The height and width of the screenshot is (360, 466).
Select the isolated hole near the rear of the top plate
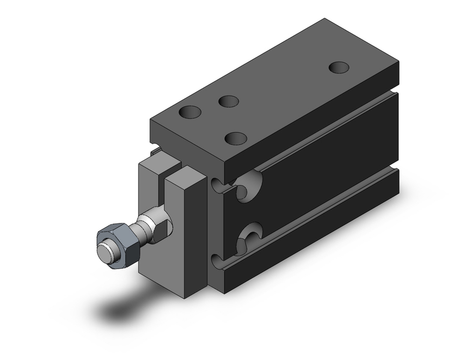click(339, 67)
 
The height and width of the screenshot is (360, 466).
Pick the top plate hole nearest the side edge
click(236, 138)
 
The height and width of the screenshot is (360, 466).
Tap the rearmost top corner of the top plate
click(324, 19)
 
